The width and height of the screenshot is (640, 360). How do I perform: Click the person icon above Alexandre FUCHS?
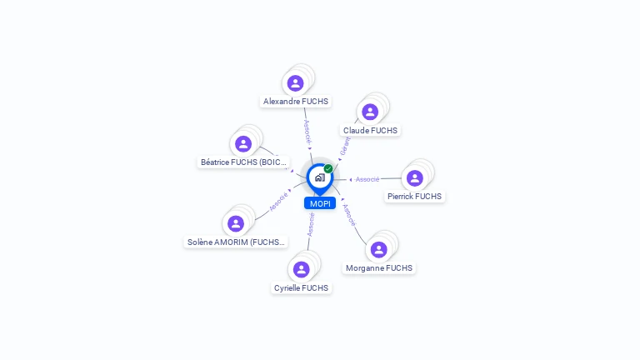(x=295, y=83)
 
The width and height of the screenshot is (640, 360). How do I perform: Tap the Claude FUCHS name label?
(x=371, y=131)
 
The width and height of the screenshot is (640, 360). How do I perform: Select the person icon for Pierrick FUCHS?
(x=415, y=178)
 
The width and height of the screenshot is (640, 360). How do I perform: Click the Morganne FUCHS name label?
(x=379, y=268)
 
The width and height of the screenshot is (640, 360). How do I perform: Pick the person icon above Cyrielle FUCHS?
(x=302, y=269)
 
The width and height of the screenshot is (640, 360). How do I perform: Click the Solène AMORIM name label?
(x=236, y=242)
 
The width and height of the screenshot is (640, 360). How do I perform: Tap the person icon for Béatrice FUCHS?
(x=243, y=143)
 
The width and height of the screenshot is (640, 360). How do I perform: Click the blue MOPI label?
(x=320, y=203)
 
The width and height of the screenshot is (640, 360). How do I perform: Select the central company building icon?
(x=319, y=177)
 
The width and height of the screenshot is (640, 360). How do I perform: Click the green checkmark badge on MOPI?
(x=328, y=169)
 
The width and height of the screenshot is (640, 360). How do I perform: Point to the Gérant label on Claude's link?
(x=345, y=146)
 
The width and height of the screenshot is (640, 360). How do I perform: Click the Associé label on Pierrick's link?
(x=367, y=179)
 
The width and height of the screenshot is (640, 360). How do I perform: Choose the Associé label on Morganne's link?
(x=350, y=217)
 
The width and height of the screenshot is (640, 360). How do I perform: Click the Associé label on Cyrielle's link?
(x=311, y=224)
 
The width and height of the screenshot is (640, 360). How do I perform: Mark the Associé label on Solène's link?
(x=278, y=201)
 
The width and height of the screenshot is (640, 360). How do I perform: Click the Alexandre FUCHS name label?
(x=296, y=102)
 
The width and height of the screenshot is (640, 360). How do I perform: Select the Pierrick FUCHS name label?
(x=415, y=197)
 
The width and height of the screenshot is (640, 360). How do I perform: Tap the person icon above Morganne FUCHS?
(x=379, y=250)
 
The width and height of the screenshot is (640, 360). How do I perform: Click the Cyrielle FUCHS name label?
(x=302, y=288)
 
